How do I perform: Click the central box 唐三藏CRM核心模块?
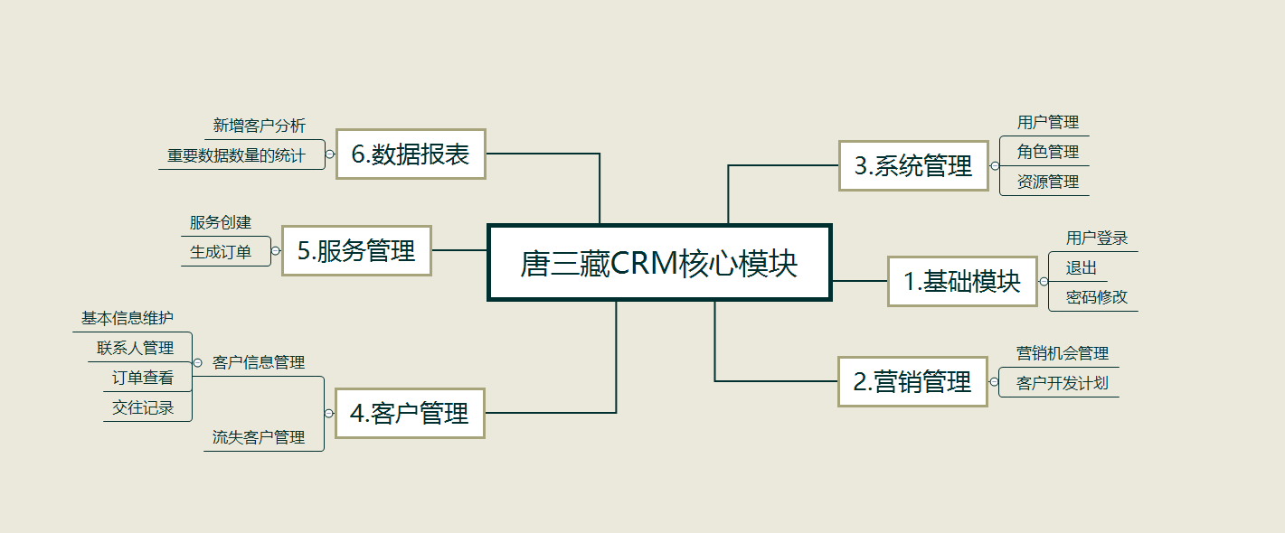coord(659,263)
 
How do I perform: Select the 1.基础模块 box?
coord(962,281)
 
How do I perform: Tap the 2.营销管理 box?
coord(912,381)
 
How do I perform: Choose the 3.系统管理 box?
coord(913,165)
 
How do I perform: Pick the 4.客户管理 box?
coord(410,413)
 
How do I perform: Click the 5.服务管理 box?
coord(356,250)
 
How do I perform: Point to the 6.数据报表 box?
coord(411,154)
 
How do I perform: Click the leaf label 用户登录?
coord(1097,238)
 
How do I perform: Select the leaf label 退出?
coord(1081,267)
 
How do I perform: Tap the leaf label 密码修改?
coord(1097,297)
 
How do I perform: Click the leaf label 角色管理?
coord(1048,152)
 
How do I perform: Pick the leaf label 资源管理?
coord(1048,182)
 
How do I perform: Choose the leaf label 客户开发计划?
coord(1063,383)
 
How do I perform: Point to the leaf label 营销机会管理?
coord(1063,353)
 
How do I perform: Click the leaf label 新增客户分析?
coord(260,126)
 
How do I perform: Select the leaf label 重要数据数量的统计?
coord(236,155)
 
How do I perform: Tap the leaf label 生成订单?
coord(221,252)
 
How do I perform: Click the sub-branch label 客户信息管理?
coord(259,362)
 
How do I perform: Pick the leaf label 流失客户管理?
coord(259,437)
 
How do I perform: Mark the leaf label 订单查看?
coord(143,378)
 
